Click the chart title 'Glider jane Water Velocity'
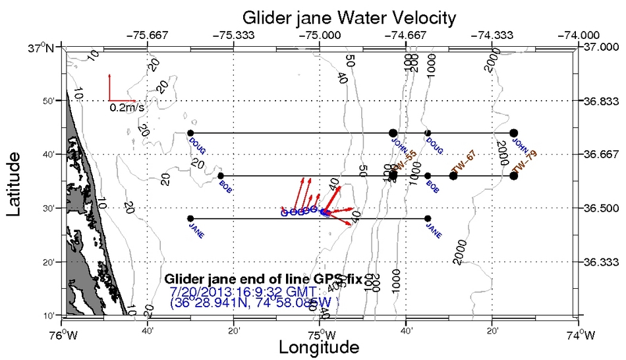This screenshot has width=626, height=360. pyautogui.click(x=349, y=16)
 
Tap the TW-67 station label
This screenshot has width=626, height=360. pyautogui.click(x=463, y=162)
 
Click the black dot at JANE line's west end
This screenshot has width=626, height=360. pyautogui.click(x=190, y=218)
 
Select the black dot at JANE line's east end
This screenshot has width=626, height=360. pyautogui.click(x=428, y=218)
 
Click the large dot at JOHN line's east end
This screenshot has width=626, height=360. pyautogui.click(x=514, y=133)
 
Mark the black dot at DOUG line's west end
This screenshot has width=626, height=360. pyautogui.click(x=190, y=133)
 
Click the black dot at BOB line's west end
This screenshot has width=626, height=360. pyautogui.click(x=220, y=175)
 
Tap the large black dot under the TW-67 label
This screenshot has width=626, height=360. pyautogui.click(x=453, y=175)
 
